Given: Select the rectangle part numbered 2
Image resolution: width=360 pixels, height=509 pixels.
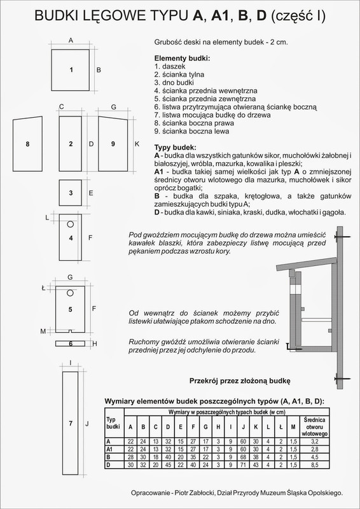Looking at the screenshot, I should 71,144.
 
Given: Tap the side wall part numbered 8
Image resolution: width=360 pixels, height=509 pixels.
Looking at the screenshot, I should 28,144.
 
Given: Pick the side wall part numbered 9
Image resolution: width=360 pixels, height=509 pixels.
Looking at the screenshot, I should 113,144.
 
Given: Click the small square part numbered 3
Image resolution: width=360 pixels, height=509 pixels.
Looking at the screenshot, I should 71,192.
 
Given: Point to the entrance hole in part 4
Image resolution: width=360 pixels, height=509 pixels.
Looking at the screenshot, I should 71,225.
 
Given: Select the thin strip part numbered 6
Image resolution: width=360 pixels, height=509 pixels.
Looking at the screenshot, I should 71,344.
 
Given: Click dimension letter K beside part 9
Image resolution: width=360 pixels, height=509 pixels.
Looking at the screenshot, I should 137,144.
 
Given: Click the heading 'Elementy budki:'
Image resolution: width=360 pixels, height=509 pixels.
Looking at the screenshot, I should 182,59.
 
